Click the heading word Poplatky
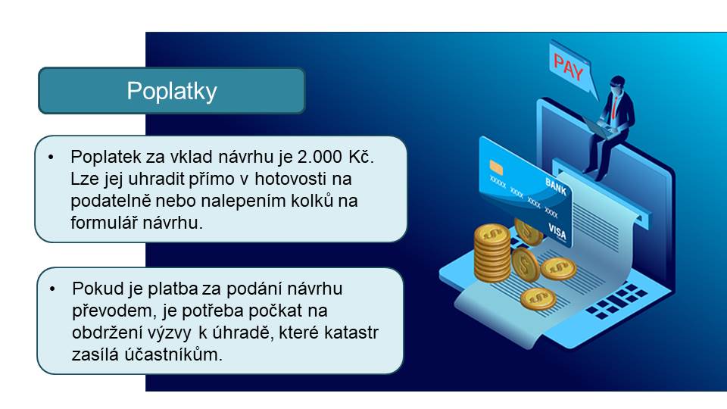click(172, 91)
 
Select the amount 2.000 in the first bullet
click(320, 157)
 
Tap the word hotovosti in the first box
click(290, 179)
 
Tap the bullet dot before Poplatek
click(51, 158)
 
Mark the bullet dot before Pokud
click(52, 289)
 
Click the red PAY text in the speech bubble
click(568, 67)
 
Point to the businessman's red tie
click(615, 106)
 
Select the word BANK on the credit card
click(556, 186)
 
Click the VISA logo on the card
click(557, 231)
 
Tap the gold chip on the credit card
click(496, 167)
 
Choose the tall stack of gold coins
click(491, 253)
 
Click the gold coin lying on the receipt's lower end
click(538, 298)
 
